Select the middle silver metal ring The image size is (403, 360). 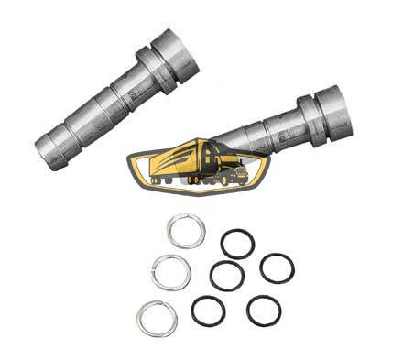[x=157, y=272]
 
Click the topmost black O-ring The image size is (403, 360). [x=238, y=245]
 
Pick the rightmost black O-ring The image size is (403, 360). [x=277, y=268]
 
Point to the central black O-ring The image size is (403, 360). [x=226, y=276]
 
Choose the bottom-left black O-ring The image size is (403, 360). [x=208, y=311]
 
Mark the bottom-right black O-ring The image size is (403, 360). [x=264, y=311]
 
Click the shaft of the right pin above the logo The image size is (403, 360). [x=261, y=135]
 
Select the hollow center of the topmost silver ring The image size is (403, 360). [x=185, y=230]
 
